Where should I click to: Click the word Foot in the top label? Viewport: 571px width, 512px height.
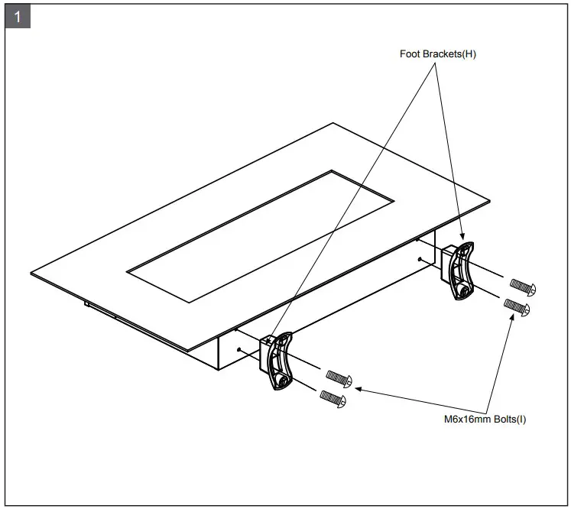pyautogui.click(x=411, y=54)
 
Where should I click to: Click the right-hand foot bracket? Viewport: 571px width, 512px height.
pyautogui.click(x=461, y=271)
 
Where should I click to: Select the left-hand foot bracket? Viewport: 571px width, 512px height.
pyautogui.click(x=278, y=361)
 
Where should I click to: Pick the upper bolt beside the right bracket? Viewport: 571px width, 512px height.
pyautogui.click(x=524, y=286)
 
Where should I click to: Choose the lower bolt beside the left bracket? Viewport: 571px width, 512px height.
pyautogui.click(x=332, y=396)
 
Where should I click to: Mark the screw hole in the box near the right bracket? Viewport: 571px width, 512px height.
pyautogui.click(x=420, y=258)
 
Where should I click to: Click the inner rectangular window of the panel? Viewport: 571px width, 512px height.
pyautogui.click(x=260, y=235)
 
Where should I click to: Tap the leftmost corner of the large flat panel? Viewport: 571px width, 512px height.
pyautogui.click(x=31, y=272)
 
